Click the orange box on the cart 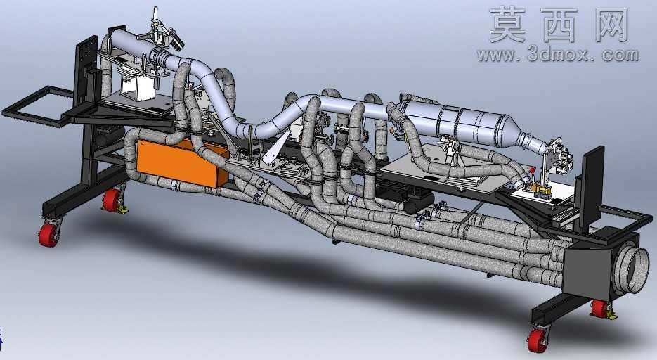[181, 162]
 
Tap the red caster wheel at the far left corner [49, 235]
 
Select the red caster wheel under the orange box [112, 201]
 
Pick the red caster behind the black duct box [600, 309]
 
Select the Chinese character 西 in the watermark [559, 25]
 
